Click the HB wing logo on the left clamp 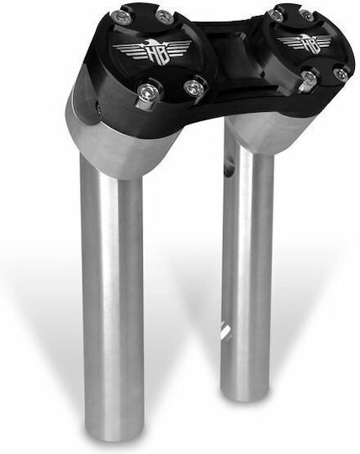[x=152, y=50]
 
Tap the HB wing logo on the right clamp [x=304, y=43]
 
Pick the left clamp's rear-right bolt [x=163, y=15]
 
